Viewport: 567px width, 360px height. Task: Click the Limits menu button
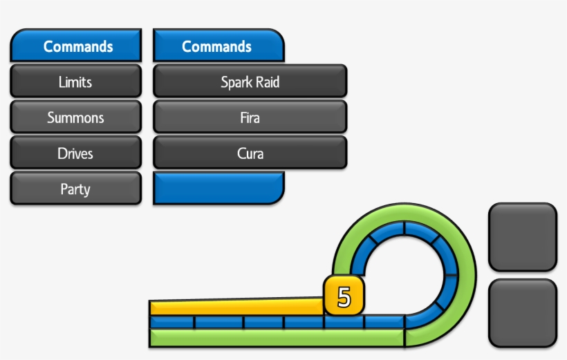75,82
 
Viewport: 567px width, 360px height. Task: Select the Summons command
75,117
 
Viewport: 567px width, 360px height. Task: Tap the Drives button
75,153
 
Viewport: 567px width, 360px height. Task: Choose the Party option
75,189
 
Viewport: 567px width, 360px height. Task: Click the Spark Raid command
250,82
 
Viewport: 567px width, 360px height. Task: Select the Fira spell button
250,117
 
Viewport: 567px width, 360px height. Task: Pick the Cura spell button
250,153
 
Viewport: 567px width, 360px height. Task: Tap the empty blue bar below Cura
218,189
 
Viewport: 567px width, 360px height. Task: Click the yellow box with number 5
344,297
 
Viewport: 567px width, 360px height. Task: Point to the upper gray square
522,237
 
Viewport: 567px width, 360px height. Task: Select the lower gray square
522,313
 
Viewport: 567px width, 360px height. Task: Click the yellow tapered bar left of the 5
235,307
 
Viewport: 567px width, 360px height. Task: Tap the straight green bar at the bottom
277,338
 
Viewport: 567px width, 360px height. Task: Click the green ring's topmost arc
405,211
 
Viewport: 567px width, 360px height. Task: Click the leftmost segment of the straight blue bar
171,322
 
